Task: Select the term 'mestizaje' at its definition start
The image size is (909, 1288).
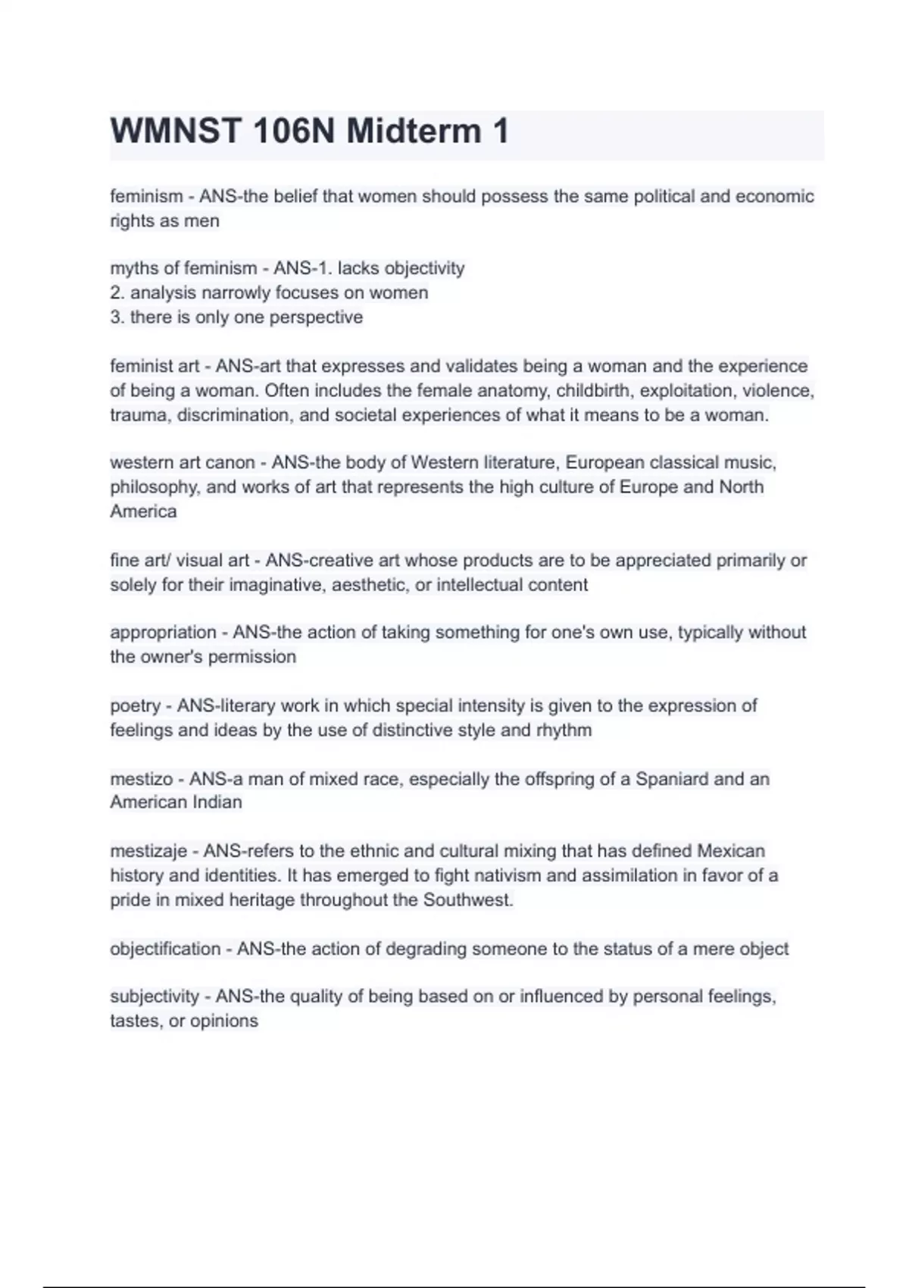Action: [x=148, y=851]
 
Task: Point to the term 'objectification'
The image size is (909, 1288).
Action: [x=165, y=949]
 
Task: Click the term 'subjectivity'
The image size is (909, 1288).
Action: [x=155, y=996]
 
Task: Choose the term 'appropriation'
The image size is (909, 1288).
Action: [x=163, y=632]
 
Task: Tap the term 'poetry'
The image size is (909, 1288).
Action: [x=135, y=705]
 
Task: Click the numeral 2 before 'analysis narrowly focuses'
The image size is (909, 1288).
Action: [x=115, y=293]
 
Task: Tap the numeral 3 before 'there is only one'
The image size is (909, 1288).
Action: [x=115, y=317]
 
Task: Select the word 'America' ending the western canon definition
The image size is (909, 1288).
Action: [x=143, y=511]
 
